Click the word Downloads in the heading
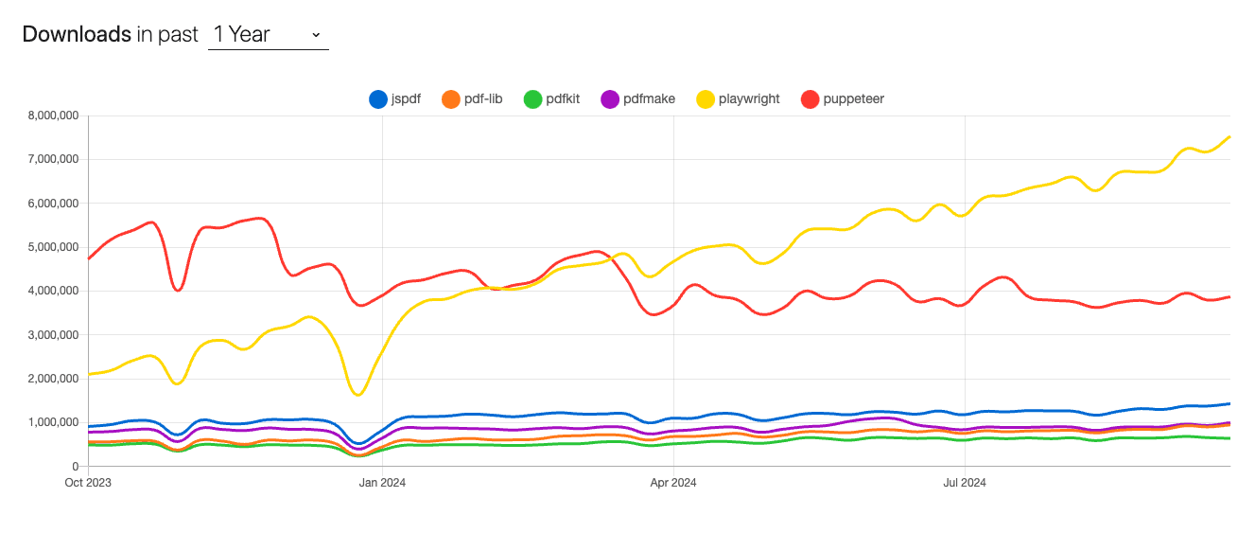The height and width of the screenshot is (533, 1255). tap(76, 35)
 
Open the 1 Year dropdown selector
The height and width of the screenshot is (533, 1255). tap(268, 35)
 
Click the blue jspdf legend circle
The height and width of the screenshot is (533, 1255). tap(378, 98)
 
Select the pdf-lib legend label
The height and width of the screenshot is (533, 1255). tap(483, 98)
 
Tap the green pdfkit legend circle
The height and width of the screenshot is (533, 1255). tap(532, 98)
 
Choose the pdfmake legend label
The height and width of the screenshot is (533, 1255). tap(649, 98)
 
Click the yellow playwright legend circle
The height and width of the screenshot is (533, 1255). tap(706, 98)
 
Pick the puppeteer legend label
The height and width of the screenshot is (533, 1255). tap(854, 98)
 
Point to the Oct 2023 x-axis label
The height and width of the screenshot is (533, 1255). tap(88, 482)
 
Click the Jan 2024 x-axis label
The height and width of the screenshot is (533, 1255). tap(382, 482)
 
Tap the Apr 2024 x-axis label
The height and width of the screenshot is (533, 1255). tap(673, 482)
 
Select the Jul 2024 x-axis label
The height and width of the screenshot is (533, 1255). tap(965, 482)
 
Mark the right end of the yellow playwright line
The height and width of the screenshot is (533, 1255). tap(1229, 137)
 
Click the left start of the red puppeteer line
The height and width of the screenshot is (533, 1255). tap(89, 258)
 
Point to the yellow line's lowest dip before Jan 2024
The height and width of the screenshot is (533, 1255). tap(358, 394)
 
